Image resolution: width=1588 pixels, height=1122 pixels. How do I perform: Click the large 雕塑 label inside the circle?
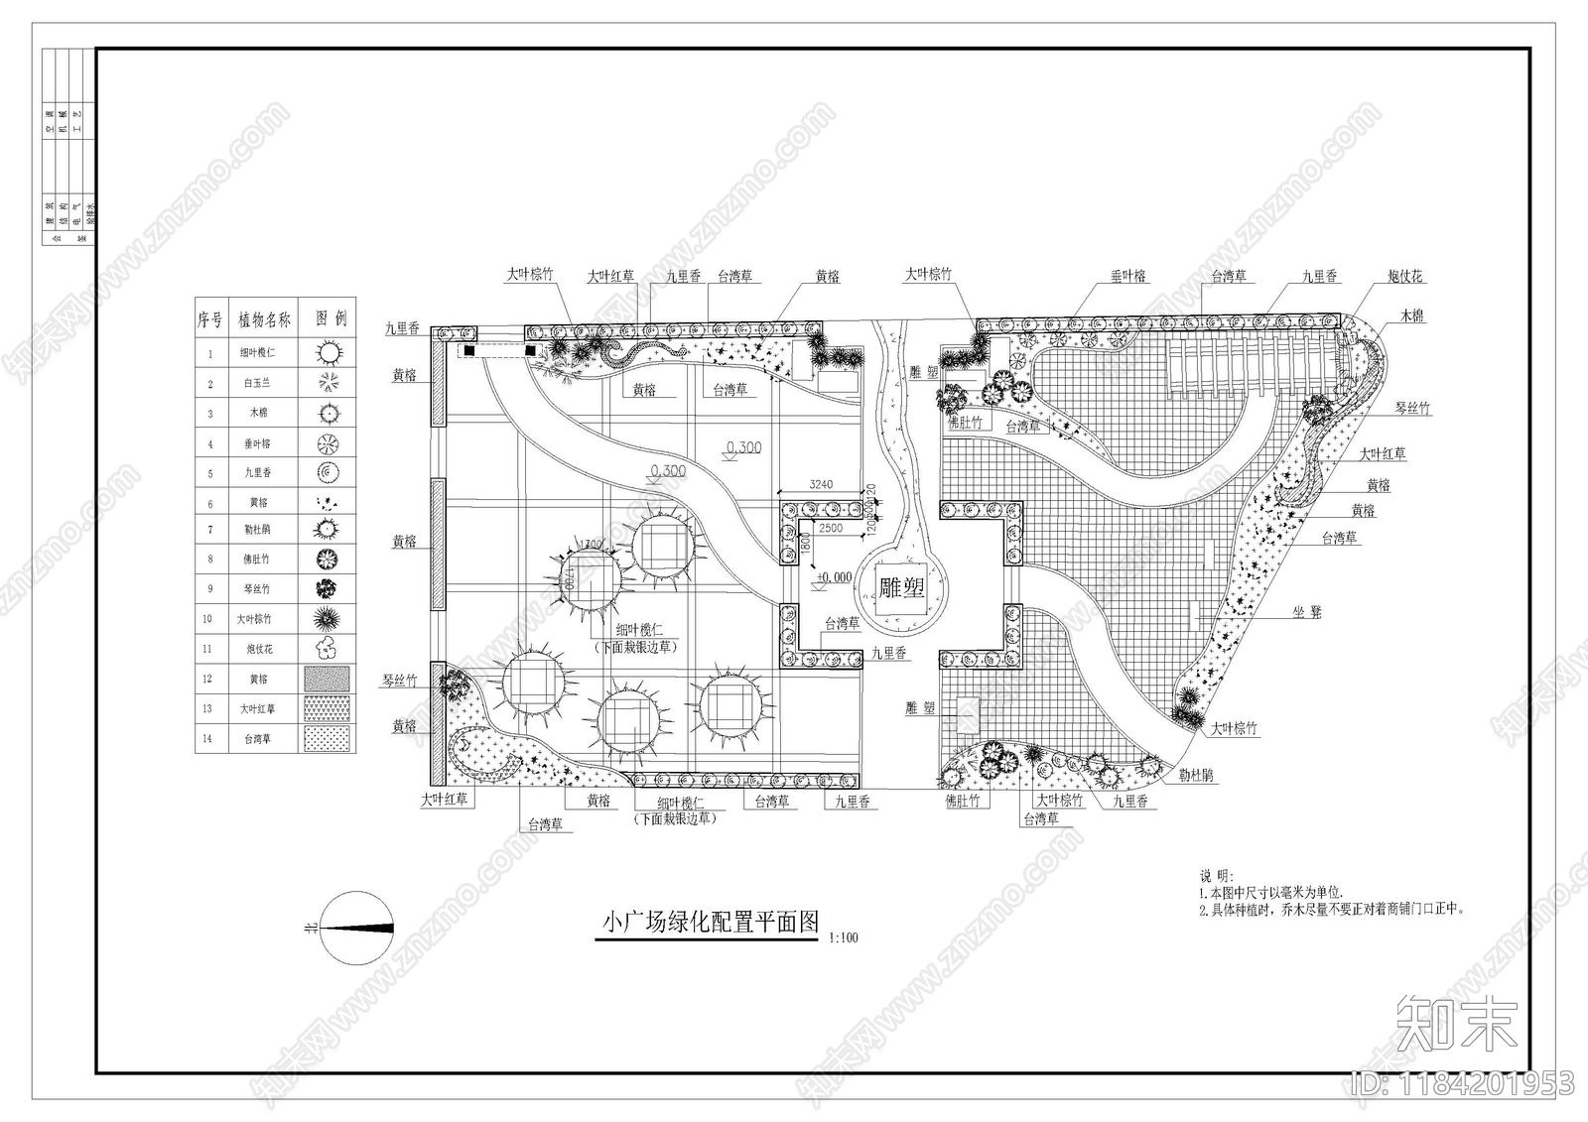[x=901, y=588]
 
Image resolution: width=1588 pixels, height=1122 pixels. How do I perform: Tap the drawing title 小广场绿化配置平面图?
[x=711, y=922]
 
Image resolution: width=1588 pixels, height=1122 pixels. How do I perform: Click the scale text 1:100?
[x=842, y=937]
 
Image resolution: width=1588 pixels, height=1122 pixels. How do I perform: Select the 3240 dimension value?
[x=821, y=485]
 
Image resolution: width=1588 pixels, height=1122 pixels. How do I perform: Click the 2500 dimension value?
[x=831, y=528]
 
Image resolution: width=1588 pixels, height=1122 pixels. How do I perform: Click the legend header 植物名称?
[x=264, y=319]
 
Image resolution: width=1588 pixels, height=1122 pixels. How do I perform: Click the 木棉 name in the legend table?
[x=258, y=413]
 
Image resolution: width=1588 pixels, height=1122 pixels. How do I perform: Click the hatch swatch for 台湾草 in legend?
[x=329, y=738]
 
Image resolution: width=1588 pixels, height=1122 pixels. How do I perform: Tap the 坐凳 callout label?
[x=1307, y=612]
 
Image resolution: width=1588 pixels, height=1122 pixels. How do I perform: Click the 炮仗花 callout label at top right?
[x=1404, y=277]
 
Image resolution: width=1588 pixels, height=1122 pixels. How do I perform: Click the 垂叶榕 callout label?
[x=1128, y=277]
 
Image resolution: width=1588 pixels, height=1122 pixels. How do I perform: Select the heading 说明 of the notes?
[x=1216, y=876]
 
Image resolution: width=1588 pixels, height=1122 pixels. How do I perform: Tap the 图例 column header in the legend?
[x=331, y=319]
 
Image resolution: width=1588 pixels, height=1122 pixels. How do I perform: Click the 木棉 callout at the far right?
[x=1412, y=315]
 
